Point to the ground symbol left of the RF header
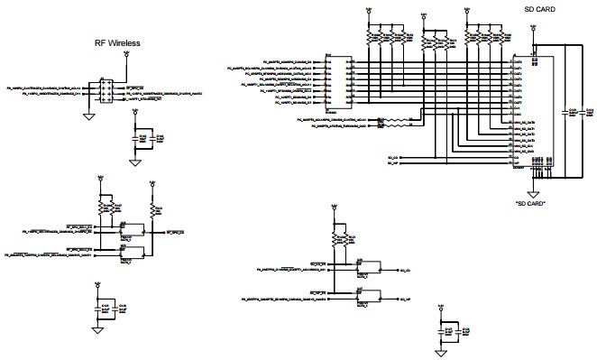[x=88, y=115]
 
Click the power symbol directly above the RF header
[x=126, y=55]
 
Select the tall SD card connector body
[x=520, y=112]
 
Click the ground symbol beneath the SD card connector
[x=533, y=192]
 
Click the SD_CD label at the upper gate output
[x=403, y=270]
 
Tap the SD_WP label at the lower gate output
[x=403, y=299]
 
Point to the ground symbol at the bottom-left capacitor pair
[x=96, y=331]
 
